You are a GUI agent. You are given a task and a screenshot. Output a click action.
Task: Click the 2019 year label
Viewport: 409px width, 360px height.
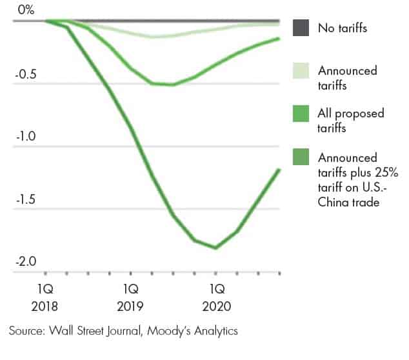coord(131,306)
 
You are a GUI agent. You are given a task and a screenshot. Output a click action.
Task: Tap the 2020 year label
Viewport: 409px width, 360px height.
coord(216,306)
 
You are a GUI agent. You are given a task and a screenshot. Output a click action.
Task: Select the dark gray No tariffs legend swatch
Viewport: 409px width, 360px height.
coord(301,28)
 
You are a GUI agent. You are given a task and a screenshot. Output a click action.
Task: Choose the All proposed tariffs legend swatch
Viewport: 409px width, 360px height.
coord(301,114)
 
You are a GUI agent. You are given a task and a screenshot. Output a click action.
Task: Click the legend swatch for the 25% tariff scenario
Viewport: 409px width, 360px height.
coord(301,157)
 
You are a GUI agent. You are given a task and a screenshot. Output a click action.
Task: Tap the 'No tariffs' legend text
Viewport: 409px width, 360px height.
coord(344,28)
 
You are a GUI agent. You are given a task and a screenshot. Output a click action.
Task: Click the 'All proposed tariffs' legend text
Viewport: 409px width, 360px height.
coord(350,120)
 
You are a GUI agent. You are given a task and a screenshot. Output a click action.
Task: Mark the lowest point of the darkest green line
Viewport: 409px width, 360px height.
coord(215,248)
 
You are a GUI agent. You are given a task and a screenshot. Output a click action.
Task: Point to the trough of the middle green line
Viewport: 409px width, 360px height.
coord(172,85)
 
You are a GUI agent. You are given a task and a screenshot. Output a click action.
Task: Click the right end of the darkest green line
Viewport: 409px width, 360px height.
coord(279,170)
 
